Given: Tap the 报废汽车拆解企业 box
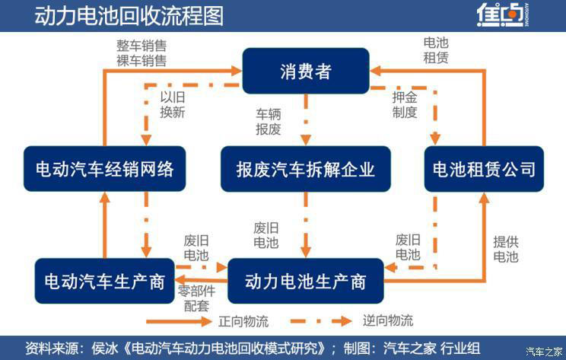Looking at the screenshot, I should coord(306,168).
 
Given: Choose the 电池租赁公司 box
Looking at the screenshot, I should coord(484,168).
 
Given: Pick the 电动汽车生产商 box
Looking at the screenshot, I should coord(100,282).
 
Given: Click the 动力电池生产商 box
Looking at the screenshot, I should coord(305,282).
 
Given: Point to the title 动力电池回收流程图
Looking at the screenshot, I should coord(129,16).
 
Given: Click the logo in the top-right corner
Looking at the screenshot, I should coord(503,16).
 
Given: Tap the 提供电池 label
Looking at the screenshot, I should coord(505,249).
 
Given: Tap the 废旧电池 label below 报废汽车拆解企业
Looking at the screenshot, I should coord(266,235).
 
